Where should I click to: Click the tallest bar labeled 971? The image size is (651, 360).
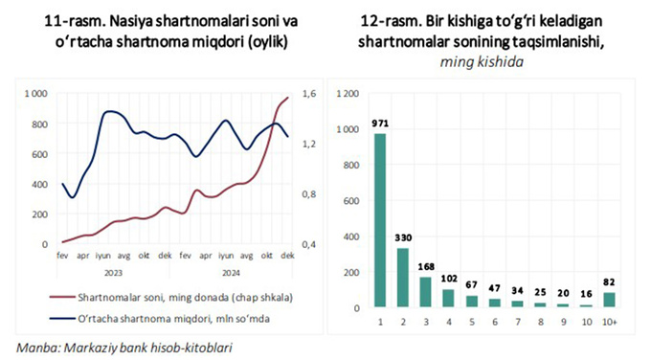pyautogui.click(x=381, y=220)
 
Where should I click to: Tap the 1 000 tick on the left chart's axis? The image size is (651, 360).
pyautogui.click(x=35, y=93)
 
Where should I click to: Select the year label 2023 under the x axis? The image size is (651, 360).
pyautogui.click(x=113, y=272)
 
